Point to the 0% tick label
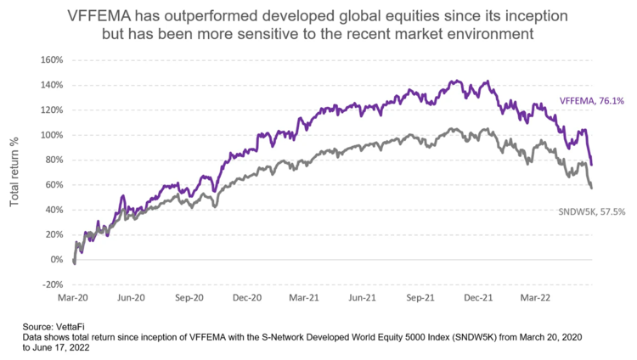(x=57, y=260)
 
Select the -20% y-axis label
(x=54, y=284)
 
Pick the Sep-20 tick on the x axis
(x=189, y=298)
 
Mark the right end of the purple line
(x=591, y=164)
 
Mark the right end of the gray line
(x=591, y=187)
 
